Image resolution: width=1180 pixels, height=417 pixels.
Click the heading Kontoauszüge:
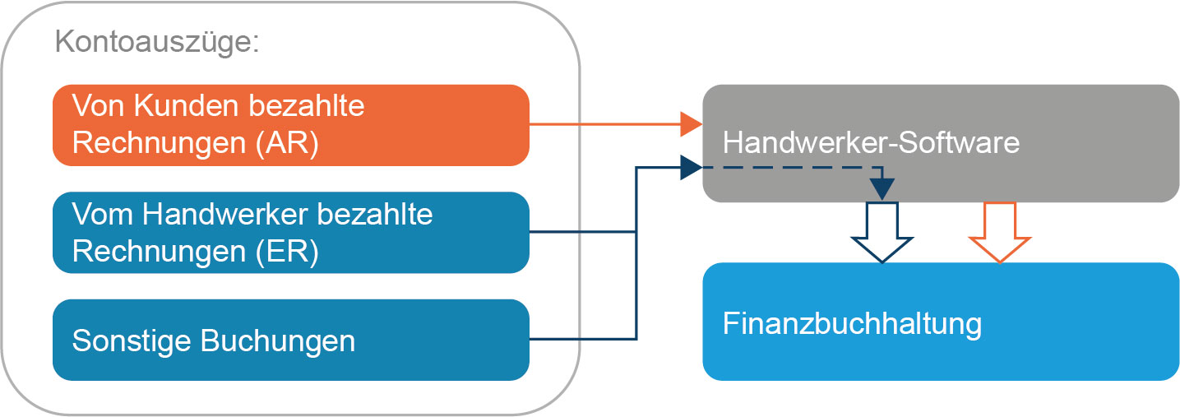[x=157, y=42]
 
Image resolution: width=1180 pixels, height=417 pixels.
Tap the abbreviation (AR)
[x=287, y=143]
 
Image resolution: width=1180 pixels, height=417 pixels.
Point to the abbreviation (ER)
[x=287, y=252]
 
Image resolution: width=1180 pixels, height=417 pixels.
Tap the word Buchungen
[x=278, y=341]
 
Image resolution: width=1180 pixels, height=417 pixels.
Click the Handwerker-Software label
[x=871, y=143]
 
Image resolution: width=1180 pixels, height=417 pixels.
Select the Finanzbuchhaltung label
[x=852, y=323]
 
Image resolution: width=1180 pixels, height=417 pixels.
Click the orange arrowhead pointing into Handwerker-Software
[x=691, y=124]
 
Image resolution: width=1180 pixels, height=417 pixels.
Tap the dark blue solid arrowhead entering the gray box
[x=691, y=168]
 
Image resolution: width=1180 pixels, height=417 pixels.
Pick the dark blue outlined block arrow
[x=882, y=233]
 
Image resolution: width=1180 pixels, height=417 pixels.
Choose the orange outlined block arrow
[x=1000, y=233]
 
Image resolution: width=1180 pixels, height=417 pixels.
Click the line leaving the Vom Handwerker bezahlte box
[x=582, y=231]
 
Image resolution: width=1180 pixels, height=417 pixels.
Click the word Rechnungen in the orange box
[x=159, y=143]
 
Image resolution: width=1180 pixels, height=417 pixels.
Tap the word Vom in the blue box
[x=102, y=214]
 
